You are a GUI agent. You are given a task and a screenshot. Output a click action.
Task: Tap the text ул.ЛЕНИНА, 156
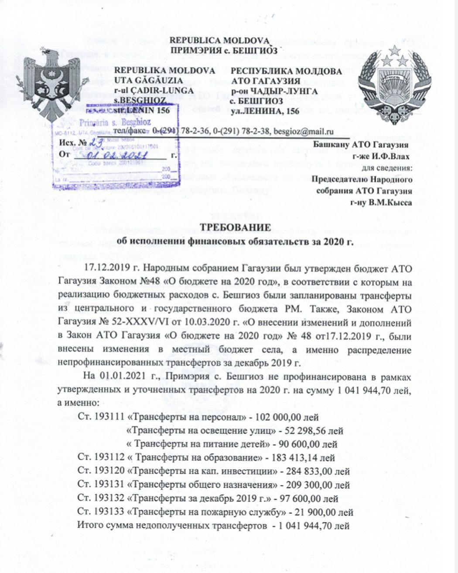pyautogui.click(x=265, y=111)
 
